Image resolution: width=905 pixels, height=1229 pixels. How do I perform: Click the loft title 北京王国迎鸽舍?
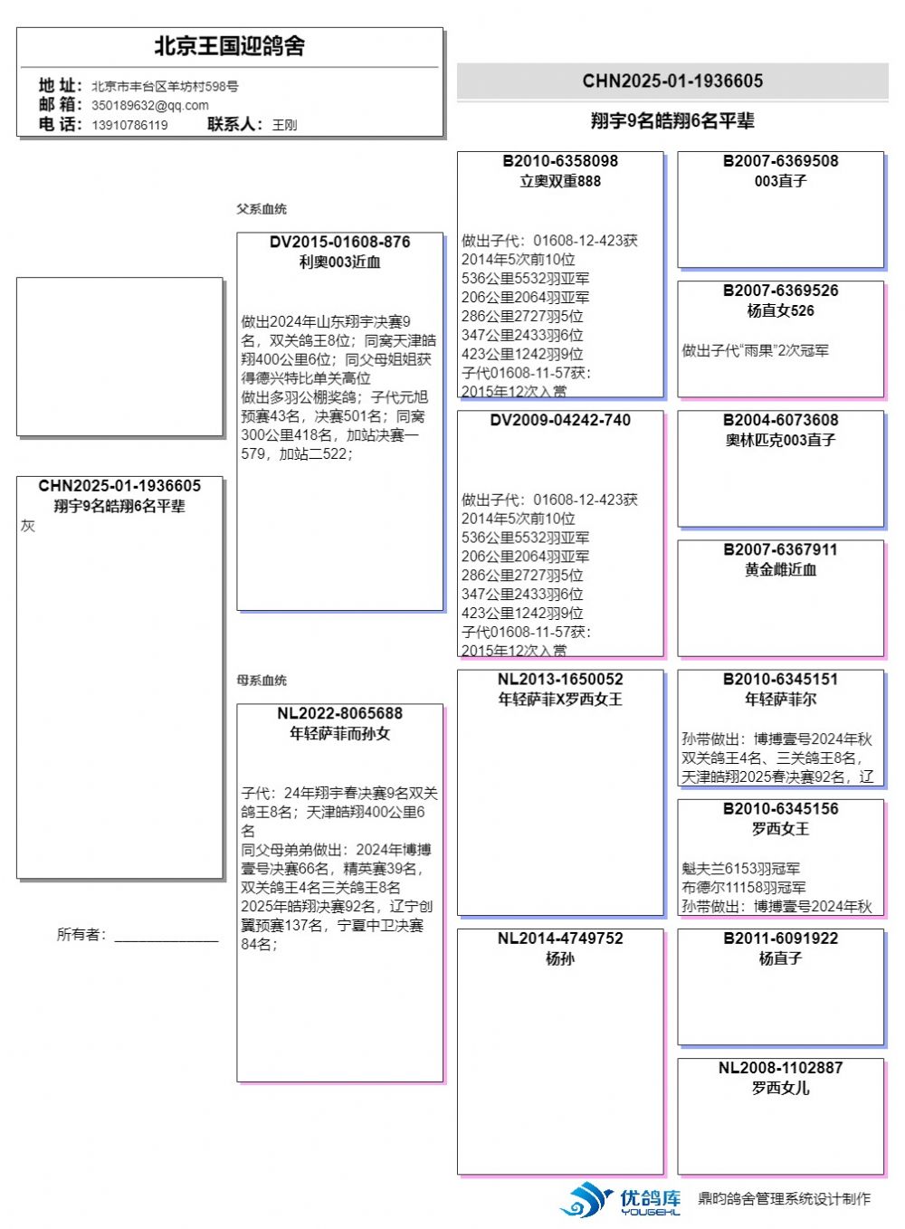pos(229,46)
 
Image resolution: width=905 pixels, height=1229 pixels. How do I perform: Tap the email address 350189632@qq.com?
pos(149,105)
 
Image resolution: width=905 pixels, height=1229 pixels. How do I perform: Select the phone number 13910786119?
pos(129,125)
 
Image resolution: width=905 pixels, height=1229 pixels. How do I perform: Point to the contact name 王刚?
pos(284,125)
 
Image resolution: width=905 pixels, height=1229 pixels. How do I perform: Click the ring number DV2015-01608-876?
pos(339,243)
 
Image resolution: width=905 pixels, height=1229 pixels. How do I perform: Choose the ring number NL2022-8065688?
pos(339,714)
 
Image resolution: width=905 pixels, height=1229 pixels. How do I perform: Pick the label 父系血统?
pos(262,209)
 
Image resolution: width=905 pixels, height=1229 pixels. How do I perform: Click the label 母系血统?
pos(262,681)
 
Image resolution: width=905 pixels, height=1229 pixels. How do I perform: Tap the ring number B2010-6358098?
pos(560,161)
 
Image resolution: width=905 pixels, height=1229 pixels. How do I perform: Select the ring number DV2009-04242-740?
pos(560,421)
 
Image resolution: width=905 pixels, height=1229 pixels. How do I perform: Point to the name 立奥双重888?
pos(560,181)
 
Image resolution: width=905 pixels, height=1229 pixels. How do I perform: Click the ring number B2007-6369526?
pos(780,291)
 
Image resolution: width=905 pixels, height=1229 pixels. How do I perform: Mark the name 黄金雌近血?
pos(780,570)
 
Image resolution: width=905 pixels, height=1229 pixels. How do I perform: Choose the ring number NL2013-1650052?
pos(560,680)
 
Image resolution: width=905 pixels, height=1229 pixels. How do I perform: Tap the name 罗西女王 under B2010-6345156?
pos(780,829)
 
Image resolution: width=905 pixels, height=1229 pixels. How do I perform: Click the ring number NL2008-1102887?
pos(780,1069)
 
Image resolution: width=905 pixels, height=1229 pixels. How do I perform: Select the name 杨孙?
pos(560,959)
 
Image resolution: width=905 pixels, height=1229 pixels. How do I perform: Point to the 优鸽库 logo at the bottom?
pos(621,1200)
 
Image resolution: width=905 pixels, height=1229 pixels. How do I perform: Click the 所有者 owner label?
pos(81,935)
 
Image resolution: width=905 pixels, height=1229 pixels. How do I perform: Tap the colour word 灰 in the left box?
pos(28,526)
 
